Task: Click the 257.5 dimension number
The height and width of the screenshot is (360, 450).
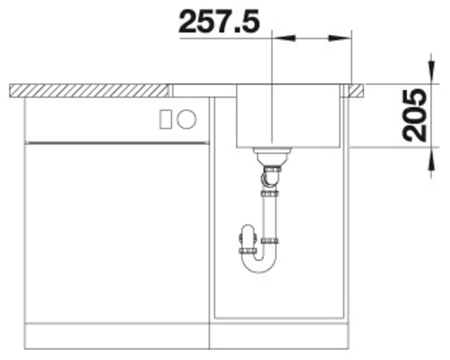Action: click(x=219, y=21)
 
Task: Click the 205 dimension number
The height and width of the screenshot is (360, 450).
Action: click(x=415, y=115)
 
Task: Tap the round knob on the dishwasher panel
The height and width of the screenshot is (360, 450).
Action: click(x=186, y=119)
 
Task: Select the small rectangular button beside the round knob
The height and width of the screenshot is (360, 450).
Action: click(x=165, y=119)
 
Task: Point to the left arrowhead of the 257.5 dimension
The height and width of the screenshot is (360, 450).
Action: click(x=284, y=38)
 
